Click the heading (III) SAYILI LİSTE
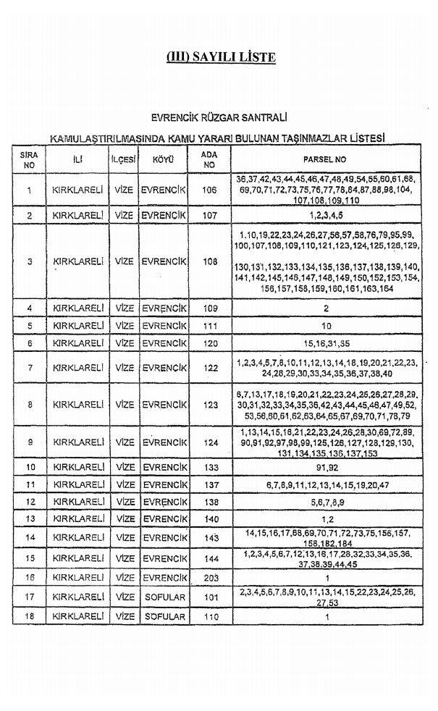pos(221,57)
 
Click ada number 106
pos(210,190)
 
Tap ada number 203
pos(210,578)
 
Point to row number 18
pos(30,616)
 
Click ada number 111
pos(210,325)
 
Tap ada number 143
pos(210,537)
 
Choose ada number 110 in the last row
pos(210,616)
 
